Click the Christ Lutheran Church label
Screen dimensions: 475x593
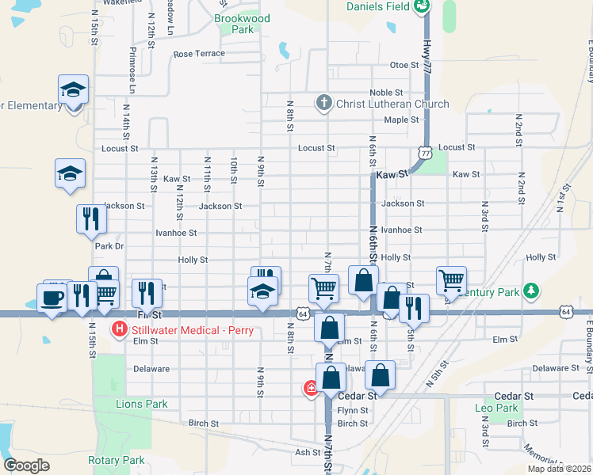pyautogui.click(x=392, y=104)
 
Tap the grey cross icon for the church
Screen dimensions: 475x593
pyautogui.click(x=323, y=103)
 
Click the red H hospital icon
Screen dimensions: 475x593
pyautogui.click(x=120, y=329)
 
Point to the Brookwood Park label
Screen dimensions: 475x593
pyautogui.click(x=242, y=24)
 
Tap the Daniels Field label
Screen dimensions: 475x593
pyautogui.click(x=378, y=7)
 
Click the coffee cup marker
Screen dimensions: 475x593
pyautogui.click(x=53, y=298)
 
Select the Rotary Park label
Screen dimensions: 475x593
pyautogui.click(x=116, y=460)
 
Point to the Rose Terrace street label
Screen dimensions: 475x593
pyautogui.click(x=199, y=54)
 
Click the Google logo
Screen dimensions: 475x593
pyautogui.click(x=26, y=465)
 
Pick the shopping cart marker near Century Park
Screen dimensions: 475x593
pyautogui.click(x=451, y=279)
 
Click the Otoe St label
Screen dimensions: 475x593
pyautogui.click(x=404, y=65)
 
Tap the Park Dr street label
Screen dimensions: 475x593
pyautogui.click(x=109, y=246)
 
